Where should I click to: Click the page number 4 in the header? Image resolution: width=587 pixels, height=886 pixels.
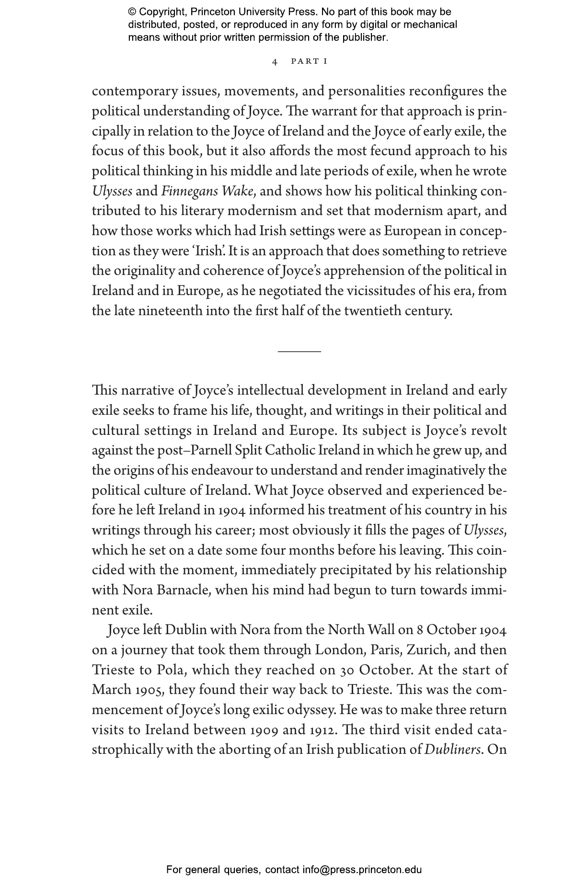(x=275, y=62)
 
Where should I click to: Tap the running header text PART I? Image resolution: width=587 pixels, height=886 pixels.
(x=309, y=61)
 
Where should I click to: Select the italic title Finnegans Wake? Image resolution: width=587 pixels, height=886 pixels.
(x=207, y=192)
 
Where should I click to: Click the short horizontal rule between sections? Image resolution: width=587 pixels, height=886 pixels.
(x=299, y=352)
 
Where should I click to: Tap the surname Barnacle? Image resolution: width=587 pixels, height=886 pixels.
(x=182, y=590)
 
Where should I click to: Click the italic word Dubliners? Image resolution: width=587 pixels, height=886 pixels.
(x=453, y=750)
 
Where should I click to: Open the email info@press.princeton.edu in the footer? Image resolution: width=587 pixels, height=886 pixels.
(x=362, y=870)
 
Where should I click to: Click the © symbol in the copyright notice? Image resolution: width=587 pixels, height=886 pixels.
(x=133, y=12)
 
